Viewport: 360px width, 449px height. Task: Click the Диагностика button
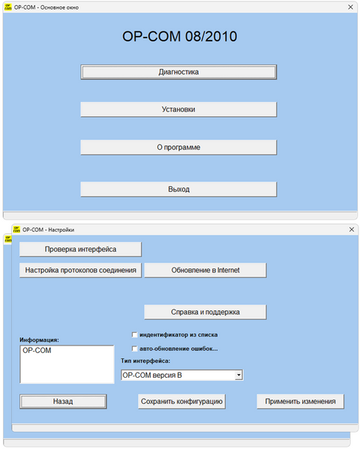click(178, 72)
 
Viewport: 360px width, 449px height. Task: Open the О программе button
click(178, 147)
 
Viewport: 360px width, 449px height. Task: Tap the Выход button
click(178, 189)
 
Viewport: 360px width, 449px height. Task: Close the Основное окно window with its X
click(350, 7)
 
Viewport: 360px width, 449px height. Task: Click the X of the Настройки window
click(352, 229)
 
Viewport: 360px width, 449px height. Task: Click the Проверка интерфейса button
click(80, 249)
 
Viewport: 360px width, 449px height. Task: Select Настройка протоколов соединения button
click(80, 270)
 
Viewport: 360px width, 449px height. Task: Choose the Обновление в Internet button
click(205, 270)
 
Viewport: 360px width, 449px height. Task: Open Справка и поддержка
click(205, 312)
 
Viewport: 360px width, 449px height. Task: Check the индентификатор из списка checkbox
click(134, 335)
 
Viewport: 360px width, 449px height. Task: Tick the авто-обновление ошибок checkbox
click(134, 349)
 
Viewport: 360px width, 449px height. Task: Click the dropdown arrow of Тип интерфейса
click(238, 375)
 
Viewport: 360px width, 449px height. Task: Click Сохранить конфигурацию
click(181, 402)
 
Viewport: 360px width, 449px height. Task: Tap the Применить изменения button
click(301, 402)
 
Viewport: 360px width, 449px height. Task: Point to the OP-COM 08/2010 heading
click(180, 37)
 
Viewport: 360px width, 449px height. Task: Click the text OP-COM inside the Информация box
click(37, 350)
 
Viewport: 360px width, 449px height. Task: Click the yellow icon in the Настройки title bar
click(16, 229)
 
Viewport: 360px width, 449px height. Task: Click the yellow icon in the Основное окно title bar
click(8, 7)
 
